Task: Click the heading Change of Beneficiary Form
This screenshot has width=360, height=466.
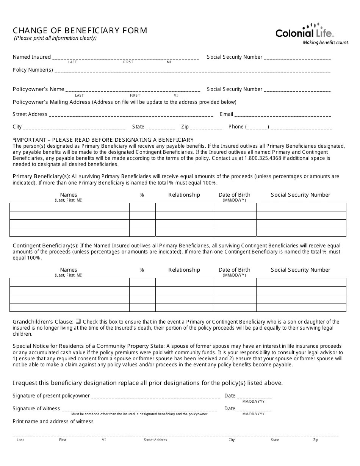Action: (80, 31)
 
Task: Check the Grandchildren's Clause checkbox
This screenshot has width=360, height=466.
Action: (78, 321)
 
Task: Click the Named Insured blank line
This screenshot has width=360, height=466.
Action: (125, 58)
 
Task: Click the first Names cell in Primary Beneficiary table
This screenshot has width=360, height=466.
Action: (69, 207)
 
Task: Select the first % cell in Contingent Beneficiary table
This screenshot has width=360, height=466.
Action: (142, 282)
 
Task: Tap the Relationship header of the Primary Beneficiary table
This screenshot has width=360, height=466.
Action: (184, 195)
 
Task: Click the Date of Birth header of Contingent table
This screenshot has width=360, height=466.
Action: (235, 270)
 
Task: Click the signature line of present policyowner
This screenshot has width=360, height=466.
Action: (155, 397)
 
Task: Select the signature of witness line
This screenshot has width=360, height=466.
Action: (139, 410)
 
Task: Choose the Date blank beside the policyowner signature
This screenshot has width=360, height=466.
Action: (254, 397)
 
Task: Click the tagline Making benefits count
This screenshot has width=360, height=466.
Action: (326, 43)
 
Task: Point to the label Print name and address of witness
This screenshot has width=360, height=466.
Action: (53, 421)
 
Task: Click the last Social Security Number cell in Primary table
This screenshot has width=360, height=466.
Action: (301, 232)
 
